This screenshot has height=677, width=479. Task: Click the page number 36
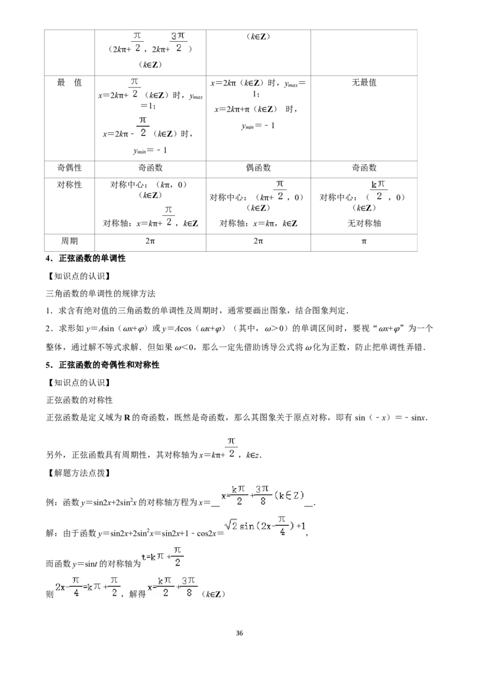click(239, 633)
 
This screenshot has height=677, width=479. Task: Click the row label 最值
click(69, 83)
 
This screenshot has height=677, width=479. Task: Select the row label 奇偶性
click(69, 168)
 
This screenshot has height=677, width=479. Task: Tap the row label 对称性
click(69, 185)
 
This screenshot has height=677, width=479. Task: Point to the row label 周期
click(69, 241)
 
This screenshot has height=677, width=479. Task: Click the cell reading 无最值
click(364, 83)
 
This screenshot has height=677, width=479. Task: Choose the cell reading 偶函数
click(258, 168)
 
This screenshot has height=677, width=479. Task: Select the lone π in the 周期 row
click(364, 242)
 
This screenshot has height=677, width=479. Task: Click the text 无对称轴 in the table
click(364, 223)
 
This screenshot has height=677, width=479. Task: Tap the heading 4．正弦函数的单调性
click(86, 258)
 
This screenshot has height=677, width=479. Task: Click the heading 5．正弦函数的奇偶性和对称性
click(102, 365)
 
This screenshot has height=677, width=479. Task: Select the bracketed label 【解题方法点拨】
click(78, 473)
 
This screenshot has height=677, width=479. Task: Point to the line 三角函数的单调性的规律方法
click(101, 294)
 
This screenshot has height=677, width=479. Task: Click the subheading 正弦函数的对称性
click(80, 400)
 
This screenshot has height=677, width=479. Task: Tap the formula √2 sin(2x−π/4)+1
click(265, 526)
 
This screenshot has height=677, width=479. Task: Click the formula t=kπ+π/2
click(162, 557)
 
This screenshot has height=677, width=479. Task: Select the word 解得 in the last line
click(138, 594)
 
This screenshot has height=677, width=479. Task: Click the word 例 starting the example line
click(50, 502)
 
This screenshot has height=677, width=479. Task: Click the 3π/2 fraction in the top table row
click(178, 42)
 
